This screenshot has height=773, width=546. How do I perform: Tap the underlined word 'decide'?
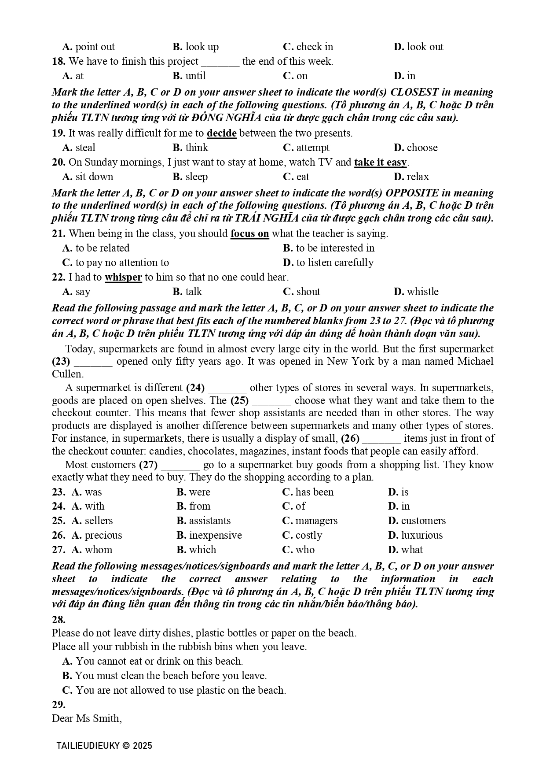click(x=221, y=133)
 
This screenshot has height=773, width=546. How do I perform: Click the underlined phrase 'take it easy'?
click(x=380, y=162)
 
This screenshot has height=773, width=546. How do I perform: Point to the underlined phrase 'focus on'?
click(x=249, y=233)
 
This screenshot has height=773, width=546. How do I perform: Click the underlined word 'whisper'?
click(x=123, y=277)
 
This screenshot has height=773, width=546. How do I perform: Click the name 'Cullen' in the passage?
click(x=67, y=374)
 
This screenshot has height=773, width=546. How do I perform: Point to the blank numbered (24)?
click(x=227, y=388)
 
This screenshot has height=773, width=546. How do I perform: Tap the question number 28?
click(x=59, y=620)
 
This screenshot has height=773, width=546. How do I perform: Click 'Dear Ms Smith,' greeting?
click(x=87, y=718)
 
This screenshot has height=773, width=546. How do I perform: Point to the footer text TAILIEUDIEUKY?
click(x=88, y=746)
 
